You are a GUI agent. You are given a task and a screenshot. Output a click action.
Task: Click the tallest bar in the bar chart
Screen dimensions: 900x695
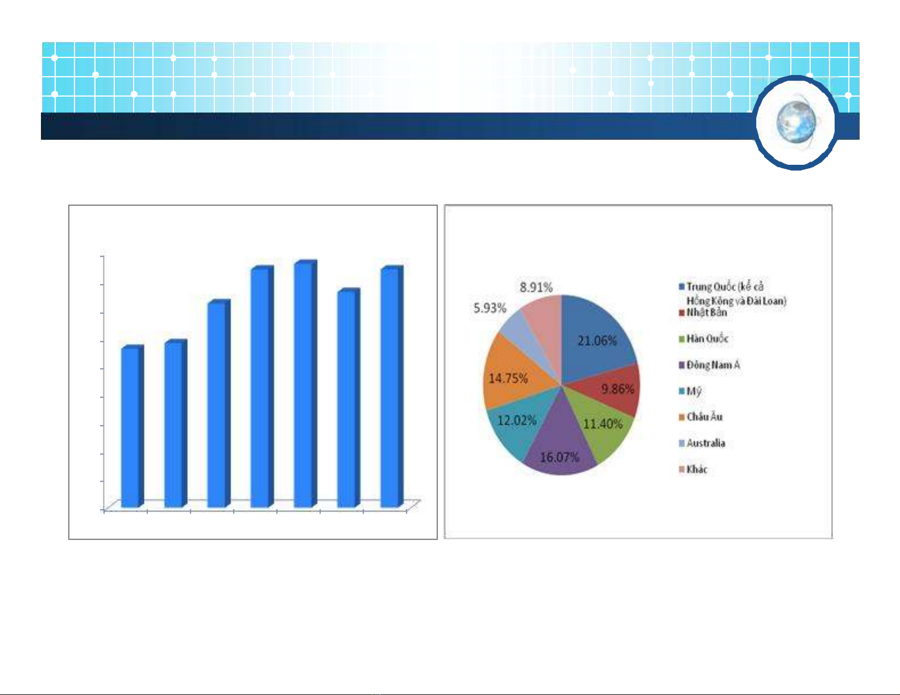[x=305, y=384]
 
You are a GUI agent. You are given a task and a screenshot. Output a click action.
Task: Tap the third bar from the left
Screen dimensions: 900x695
[x=219, y=403]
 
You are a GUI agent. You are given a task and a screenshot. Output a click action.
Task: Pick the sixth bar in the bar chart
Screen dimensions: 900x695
[x=349, y=398]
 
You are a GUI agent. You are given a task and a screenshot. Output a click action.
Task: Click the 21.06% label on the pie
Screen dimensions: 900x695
[x=597, y=340]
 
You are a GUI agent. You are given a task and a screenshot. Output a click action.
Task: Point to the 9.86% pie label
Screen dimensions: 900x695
[x=617, y=389]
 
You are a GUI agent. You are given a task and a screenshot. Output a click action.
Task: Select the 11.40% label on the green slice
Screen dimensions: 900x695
[x=603, y=424]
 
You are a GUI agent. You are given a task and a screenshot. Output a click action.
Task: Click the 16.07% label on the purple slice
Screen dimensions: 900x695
[x=559, y=457]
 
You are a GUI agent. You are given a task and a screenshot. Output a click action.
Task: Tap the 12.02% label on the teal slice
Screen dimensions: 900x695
[x=517, y=421]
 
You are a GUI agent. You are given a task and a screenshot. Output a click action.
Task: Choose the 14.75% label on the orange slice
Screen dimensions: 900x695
[x=508, y=378]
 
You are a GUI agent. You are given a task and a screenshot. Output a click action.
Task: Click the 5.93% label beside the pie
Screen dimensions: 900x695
[x=490, y=309]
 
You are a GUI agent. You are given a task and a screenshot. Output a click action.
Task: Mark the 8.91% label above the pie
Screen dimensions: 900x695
[x=536, y=288]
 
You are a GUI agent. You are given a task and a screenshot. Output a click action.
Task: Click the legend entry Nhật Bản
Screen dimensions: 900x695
[x=703, y=313]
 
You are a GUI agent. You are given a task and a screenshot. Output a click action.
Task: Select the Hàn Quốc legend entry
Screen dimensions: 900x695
[x=703, y=339]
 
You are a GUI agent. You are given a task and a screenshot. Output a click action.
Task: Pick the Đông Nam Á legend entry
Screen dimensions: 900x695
[x=709, y=365]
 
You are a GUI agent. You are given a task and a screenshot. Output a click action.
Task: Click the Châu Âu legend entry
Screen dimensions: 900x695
[x=700, y=417]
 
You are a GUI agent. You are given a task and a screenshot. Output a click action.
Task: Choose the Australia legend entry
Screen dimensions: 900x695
[x=702, y=443]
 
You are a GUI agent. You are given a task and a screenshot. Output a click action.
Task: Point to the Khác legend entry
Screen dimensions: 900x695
[x=693, y=469]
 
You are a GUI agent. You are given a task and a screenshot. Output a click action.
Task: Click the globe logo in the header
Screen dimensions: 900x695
[x=795, y=123]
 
